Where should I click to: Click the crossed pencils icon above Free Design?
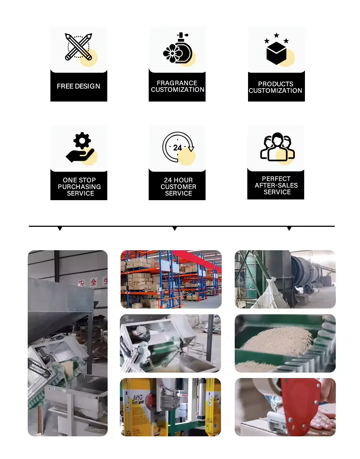[78, 47]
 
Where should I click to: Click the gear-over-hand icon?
[81, 147]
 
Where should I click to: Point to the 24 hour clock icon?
[178, 147]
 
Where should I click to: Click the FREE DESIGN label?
[78, 86]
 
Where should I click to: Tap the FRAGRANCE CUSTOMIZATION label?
[177, 86]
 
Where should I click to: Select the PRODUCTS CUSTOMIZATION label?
[275, 87]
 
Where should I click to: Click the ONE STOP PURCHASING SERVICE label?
[79, 186]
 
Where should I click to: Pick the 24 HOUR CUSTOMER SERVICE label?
[178, 186]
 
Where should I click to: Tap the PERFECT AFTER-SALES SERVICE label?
[276, 185]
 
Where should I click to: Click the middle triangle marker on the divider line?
[175, 229]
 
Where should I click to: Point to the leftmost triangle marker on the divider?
[60, 229]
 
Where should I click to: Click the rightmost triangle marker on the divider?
[289, 229]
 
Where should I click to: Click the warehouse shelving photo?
[171, 279]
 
